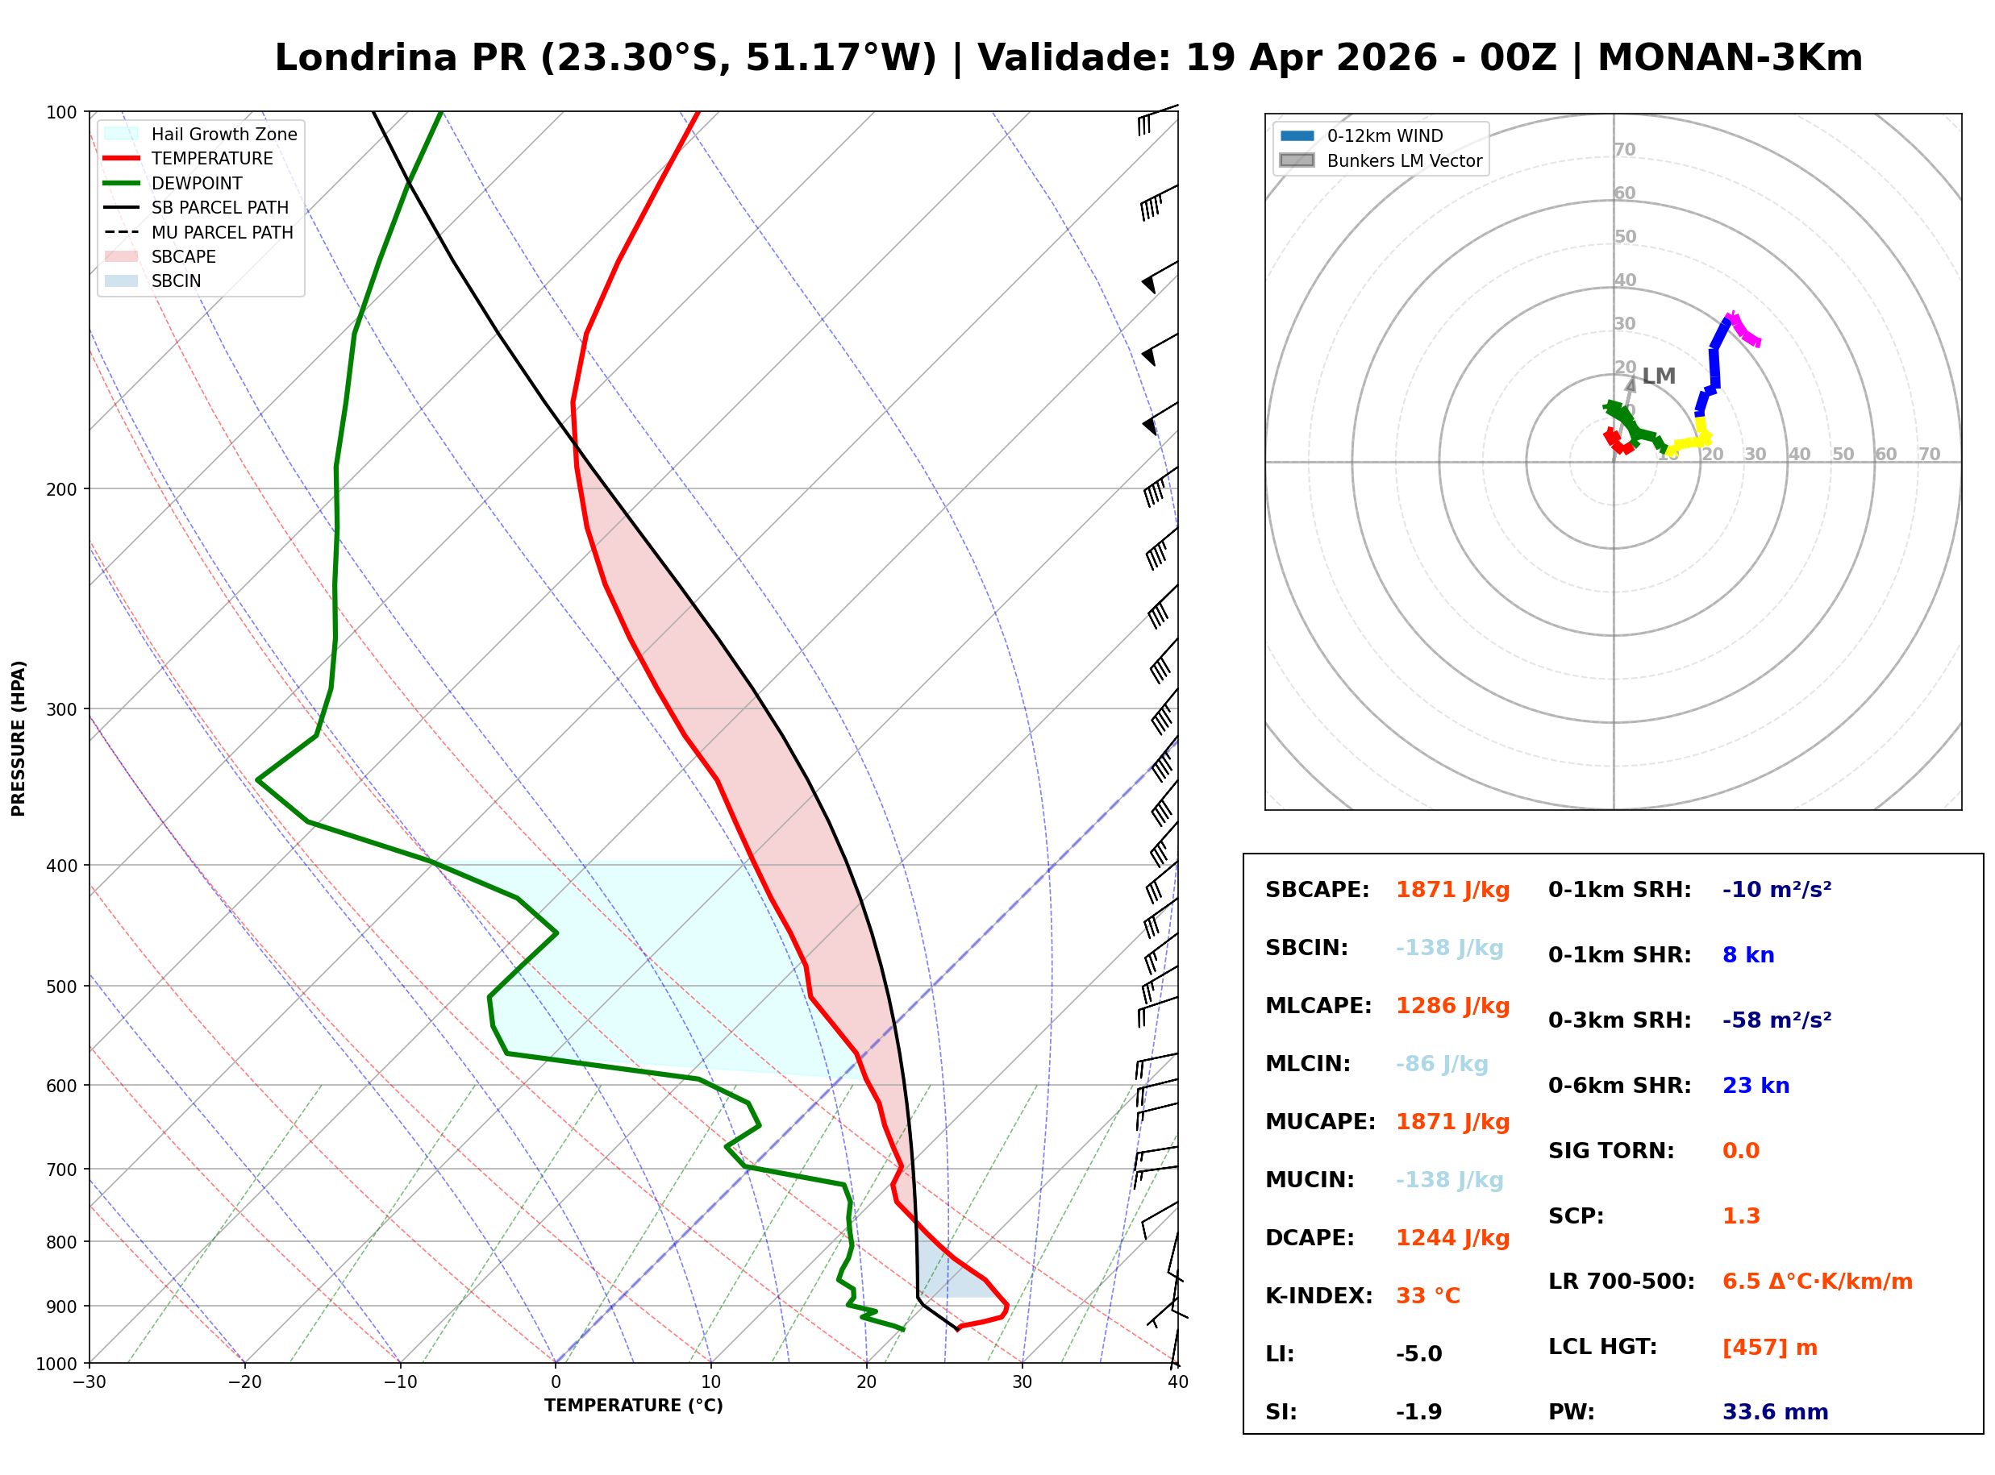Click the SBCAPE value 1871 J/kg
(1452, 890)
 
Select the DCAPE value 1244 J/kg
(1452, 1238)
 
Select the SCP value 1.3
(1740, 1216)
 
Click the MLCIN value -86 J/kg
(1441, 1064)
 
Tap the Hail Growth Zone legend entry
(223, 134)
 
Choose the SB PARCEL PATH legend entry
(219, 207)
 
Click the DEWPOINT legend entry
(197, 183)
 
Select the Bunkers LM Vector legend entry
(1404, 160)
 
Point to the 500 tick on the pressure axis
(60, 987)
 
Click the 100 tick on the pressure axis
(60, 113)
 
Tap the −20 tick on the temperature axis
(244, 1382)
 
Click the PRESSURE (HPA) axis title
(19, 738)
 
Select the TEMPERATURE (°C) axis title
(633, 1406)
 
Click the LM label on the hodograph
(1658, 376)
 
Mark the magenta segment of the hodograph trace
(1744, 330)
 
